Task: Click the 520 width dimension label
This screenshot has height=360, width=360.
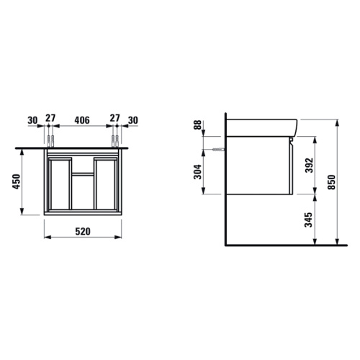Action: (83, 232)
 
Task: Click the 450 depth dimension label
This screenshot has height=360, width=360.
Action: (17, 181)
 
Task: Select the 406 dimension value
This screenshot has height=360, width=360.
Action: (82, 120)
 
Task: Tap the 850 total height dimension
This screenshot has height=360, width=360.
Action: (331, 182)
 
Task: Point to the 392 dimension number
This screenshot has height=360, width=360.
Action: (309, 165)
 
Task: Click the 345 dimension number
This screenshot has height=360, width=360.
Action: (308, 220)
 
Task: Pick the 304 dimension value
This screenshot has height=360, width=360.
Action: (198, 172)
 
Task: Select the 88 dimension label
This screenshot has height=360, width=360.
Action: (198, 125)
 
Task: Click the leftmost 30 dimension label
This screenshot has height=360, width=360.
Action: (32, 120)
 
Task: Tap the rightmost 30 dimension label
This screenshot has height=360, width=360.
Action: (133, 120)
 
